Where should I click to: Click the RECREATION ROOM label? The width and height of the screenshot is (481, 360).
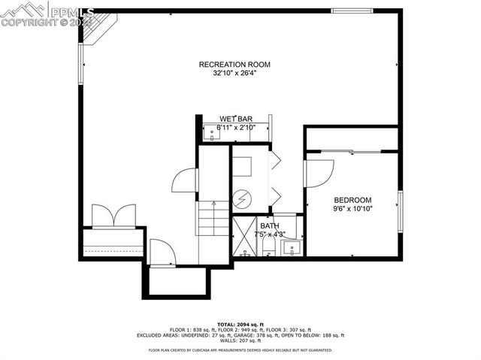[234, 65]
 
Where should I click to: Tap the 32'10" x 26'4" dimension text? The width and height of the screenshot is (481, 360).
[234, 74]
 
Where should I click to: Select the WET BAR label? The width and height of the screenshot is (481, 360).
[235, 119]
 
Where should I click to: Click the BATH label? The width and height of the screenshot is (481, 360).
[268, 225]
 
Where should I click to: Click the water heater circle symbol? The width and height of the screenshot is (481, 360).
[242, 199]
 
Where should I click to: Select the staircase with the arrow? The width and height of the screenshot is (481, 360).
[214, 219]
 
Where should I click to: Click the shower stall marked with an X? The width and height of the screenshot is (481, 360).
[244, 236]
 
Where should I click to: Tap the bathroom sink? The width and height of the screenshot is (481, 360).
[294, 247]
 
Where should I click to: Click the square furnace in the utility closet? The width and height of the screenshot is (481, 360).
[242, 166]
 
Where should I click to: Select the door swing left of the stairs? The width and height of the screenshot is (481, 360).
[185, 181]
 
